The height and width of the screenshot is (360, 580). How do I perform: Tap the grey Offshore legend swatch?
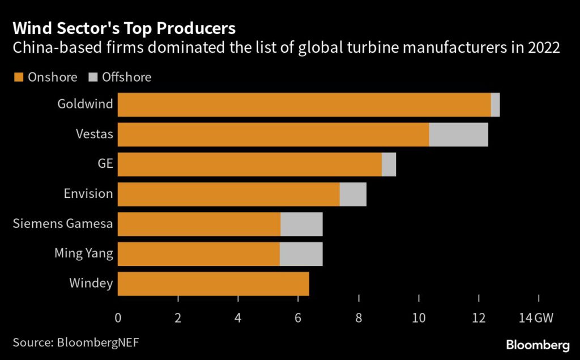[x=94, y=77]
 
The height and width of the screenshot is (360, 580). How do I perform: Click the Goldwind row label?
[x=85, y=104]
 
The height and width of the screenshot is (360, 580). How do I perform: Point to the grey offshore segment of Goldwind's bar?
[x=495, y=104]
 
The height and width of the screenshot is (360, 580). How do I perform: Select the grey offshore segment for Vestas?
[x=458, y=134]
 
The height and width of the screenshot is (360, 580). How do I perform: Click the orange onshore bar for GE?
[x=249, y=164]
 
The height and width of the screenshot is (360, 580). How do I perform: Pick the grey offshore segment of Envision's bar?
[x=352, y=194]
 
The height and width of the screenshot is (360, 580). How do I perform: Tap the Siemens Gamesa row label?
[x=63, y=224]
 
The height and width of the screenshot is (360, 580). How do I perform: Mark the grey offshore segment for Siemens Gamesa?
[x=301, y=225]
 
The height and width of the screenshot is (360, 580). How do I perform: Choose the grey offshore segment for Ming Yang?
[x=301, y=254]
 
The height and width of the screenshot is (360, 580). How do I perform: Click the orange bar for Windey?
[x=213, y=284]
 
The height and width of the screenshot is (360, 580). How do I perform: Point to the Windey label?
[x=91, y=283]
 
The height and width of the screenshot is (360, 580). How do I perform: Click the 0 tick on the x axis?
[x=118, y=318]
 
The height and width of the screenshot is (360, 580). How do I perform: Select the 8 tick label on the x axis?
[x=359, y=318]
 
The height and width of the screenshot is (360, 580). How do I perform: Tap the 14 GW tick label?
[x=536, y=318]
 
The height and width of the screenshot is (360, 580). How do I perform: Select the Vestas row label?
[x=94, y=134]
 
